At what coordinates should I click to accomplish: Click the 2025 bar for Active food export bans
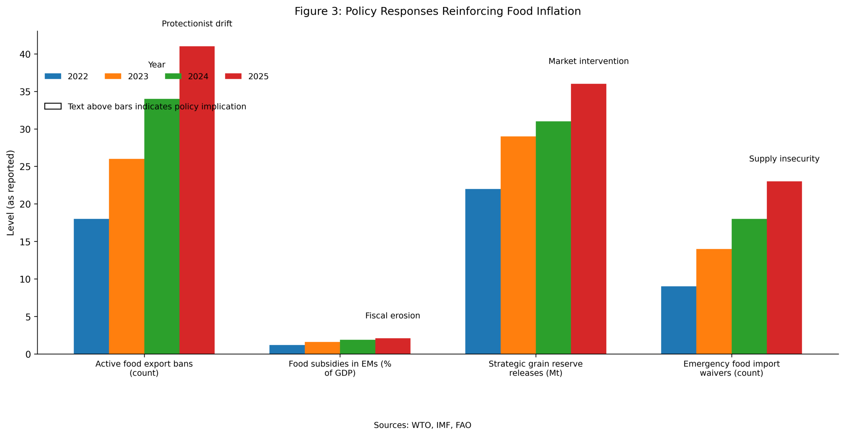[197, 231]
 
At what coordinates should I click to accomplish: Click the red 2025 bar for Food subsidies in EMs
[392, 346]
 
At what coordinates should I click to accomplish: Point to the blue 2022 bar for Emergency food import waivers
[678, 320]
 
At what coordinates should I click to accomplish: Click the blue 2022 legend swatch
[53, 76]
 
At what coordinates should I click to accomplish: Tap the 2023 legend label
[138, 77]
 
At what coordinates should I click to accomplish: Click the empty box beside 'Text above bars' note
[53, 106]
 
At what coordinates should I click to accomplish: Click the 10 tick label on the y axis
[25, 279]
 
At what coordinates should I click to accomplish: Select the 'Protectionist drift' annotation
[197, 24]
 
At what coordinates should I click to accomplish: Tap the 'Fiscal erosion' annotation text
[392, 316]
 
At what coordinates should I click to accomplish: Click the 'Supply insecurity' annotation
[784, 159]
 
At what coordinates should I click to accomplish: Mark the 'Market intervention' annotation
[588, 61]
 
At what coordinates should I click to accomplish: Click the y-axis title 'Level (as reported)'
[11, 193]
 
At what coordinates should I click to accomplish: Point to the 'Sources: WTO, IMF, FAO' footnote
[422, 425]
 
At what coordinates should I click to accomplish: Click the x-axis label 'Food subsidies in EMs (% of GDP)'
[340, 368]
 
